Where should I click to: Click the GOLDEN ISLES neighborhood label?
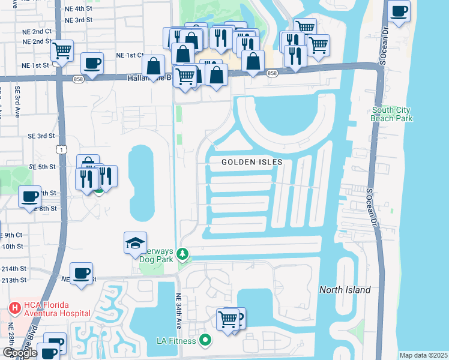[252, 162]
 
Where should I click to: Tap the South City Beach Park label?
[391, 114]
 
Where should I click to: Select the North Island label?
[345, 290]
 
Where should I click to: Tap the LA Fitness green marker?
[205, 341]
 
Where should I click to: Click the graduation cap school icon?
[135, 244]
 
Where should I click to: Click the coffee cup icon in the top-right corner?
[399, 10]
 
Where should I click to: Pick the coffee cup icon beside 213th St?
[82, 274]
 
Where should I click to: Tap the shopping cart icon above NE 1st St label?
[62, 50]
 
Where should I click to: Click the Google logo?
[20, 353]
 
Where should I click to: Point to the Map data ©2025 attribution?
[423, 355]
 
